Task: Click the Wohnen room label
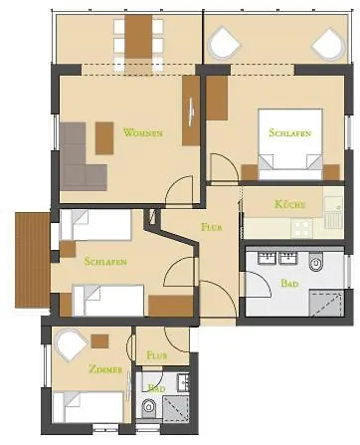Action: pos(143,132)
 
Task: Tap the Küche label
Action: pos(289,204)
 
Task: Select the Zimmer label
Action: pos(105,369)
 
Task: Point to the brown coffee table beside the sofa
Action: pos(104,138)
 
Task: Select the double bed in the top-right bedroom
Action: pos(290,144)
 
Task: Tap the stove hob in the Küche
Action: pos(301,228)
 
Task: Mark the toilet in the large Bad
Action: pos(316,262)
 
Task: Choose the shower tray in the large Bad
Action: pos(326,303)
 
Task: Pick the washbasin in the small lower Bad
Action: pos(183,382)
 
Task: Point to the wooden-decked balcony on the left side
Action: pos(32,261)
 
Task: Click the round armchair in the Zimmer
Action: pos(72,345)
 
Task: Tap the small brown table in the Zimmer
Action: pos(99,341)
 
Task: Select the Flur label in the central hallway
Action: pos(212,227)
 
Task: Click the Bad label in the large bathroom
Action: pos(289,283)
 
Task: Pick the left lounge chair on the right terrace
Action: pos(224,44)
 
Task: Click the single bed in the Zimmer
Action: pos(89,407)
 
